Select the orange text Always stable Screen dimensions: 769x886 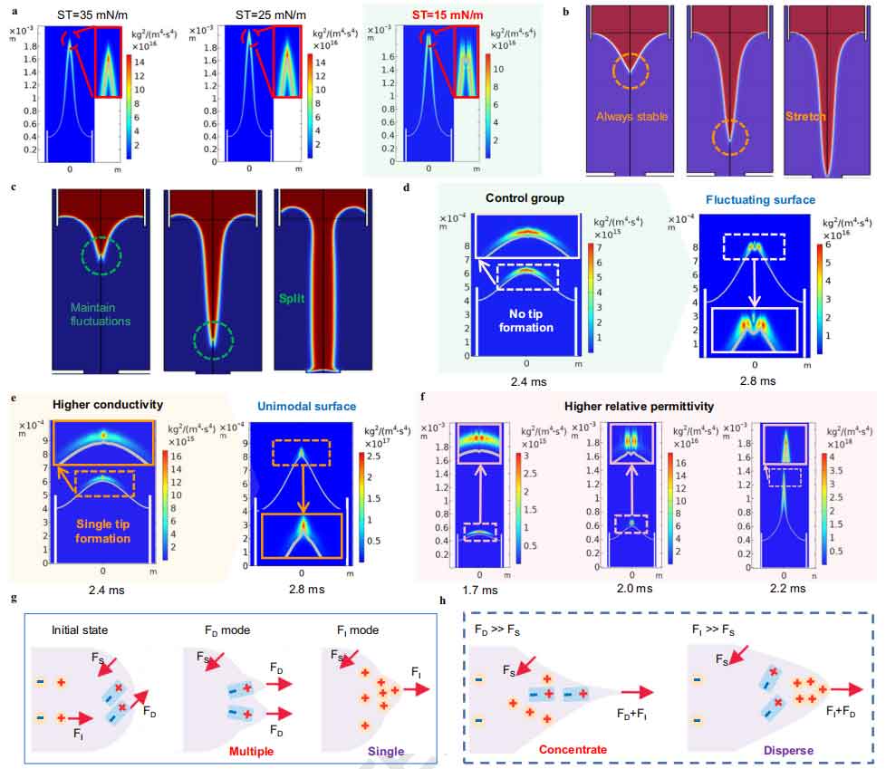point(631,117)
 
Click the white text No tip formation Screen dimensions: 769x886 point(525,320)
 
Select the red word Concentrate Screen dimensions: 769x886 point(573,750)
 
